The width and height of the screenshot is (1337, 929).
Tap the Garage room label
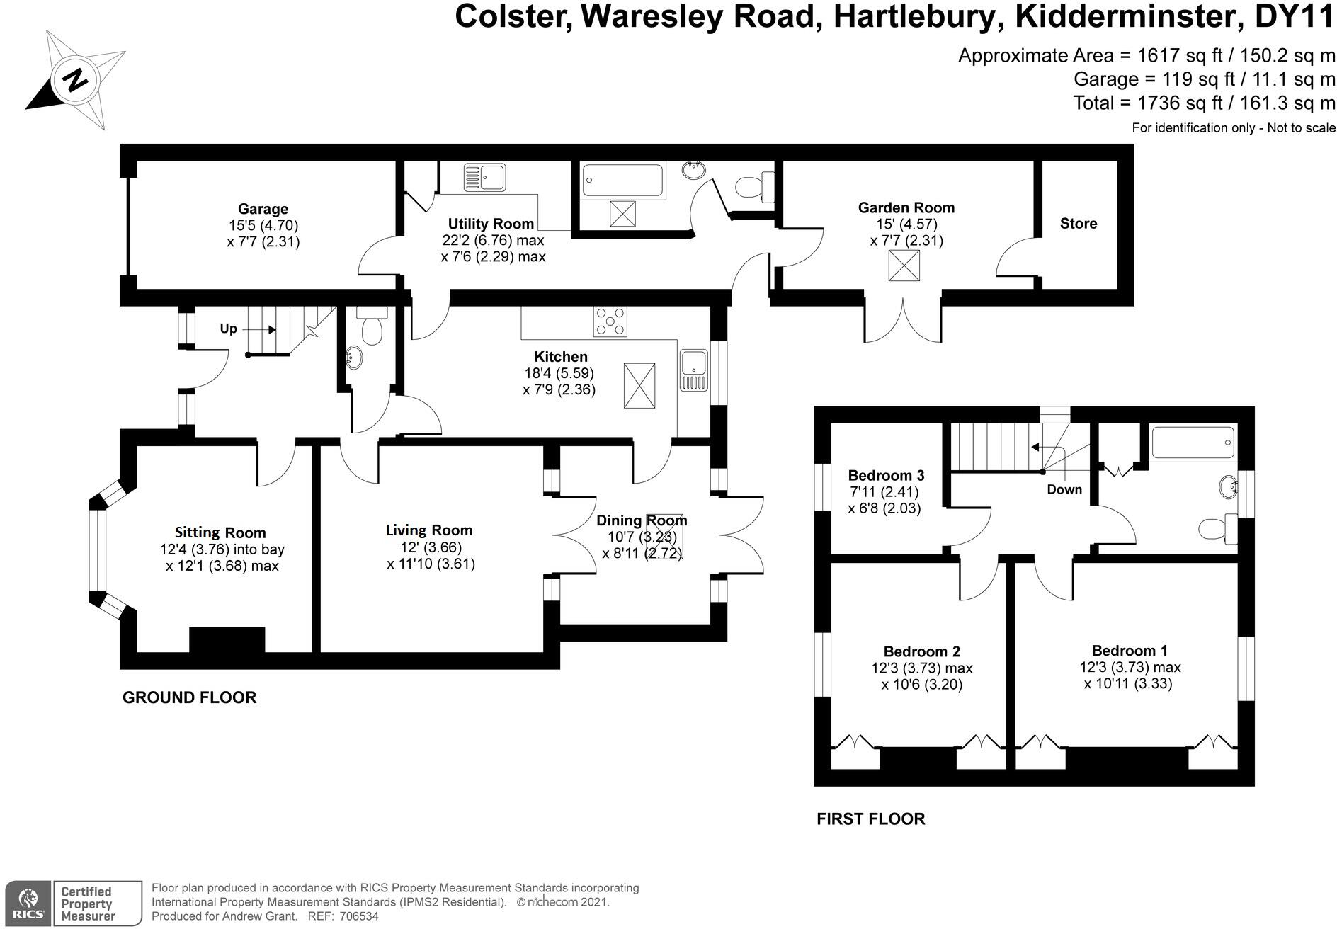click(263, 209)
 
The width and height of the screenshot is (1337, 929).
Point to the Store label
click(1078, 224)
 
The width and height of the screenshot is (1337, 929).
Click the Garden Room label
click(906, 207)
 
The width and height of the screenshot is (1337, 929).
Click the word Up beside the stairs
click(228, 329)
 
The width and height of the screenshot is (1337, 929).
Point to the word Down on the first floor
click(1064, 489)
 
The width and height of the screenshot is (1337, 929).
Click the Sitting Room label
click(220, 532)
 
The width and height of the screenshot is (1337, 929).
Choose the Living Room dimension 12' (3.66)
click(429, 547)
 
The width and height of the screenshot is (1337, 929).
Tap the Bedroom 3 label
click(886, 475)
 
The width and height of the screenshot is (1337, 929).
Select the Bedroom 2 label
click(921, 651)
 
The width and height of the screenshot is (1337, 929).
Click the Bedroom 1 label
click(1130, 651)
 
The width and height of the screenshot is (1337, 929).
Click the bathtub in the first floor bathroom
click(1193, 443)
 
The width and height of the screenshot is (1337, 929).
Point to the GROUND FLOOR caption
click(189, 697)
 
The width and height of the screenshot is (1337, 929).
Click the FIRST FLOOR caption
click(870, 819)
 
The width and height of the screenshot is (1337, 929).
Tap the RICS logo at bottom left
click(28, 903)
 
